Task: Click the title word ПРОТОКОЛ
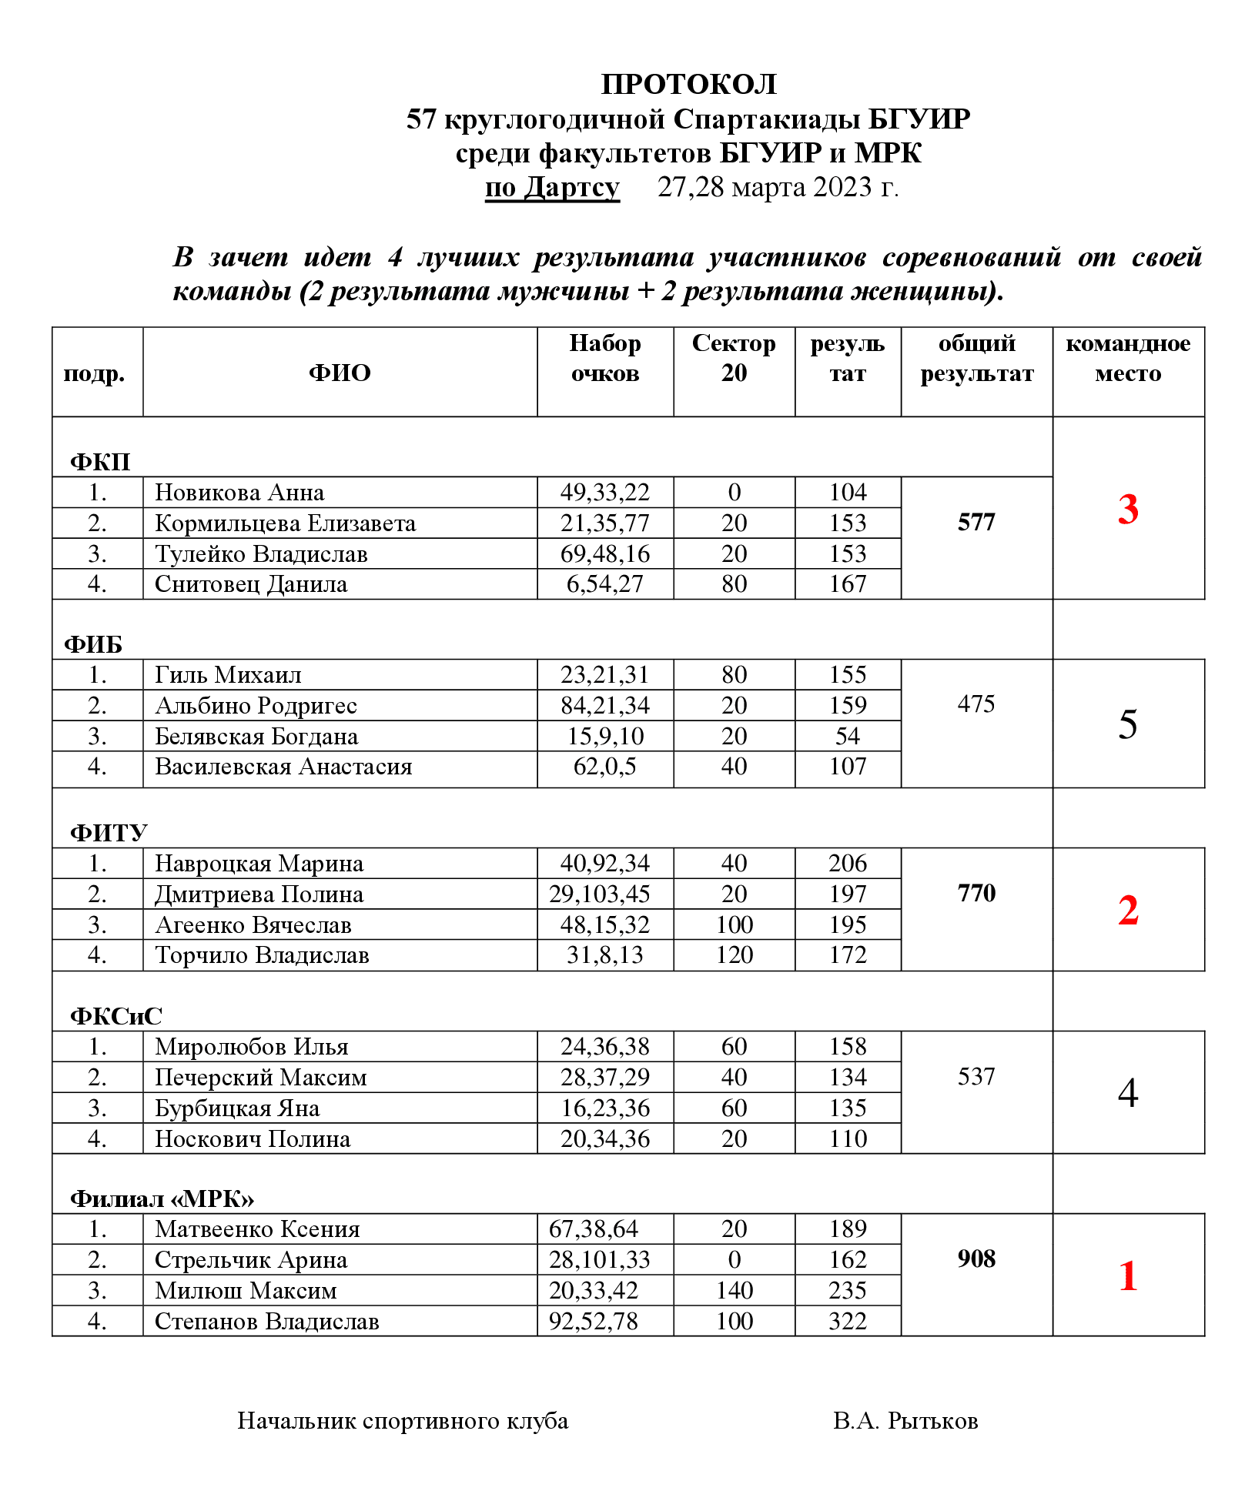click(688, 84)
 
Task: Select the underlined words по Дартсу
click(552, 188)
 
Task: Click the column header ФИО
click(340, 373)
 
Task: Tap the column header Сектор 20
click(734, 358)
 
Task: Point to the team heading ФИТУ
click(109, 833)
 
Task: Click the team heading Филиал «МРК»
click(162, 1198)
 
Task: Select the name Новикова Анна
click(239, 493)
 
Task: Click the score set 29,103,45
click(599, 894)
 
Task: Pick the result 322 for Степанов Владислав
click(848, 1322)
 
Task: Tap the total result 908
click(976, 1259)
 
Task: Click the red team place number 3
click(1128, 510)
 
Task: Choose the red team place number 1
click(1128, 1276)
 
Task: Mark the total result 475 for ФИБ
click(976, 704)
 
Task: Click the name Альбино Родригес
click(256, 706)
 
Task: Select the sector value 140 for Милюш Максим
click(734, 1291)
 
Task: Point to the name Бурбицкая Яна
click(237, 1108)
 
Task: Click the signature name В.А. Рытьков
click(905, 1421)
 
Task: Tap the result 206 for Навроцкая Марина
click(848, 864)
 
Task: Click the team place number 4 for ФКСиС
click(1128, 1093)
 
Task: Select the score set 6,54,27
click(604, 584)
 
